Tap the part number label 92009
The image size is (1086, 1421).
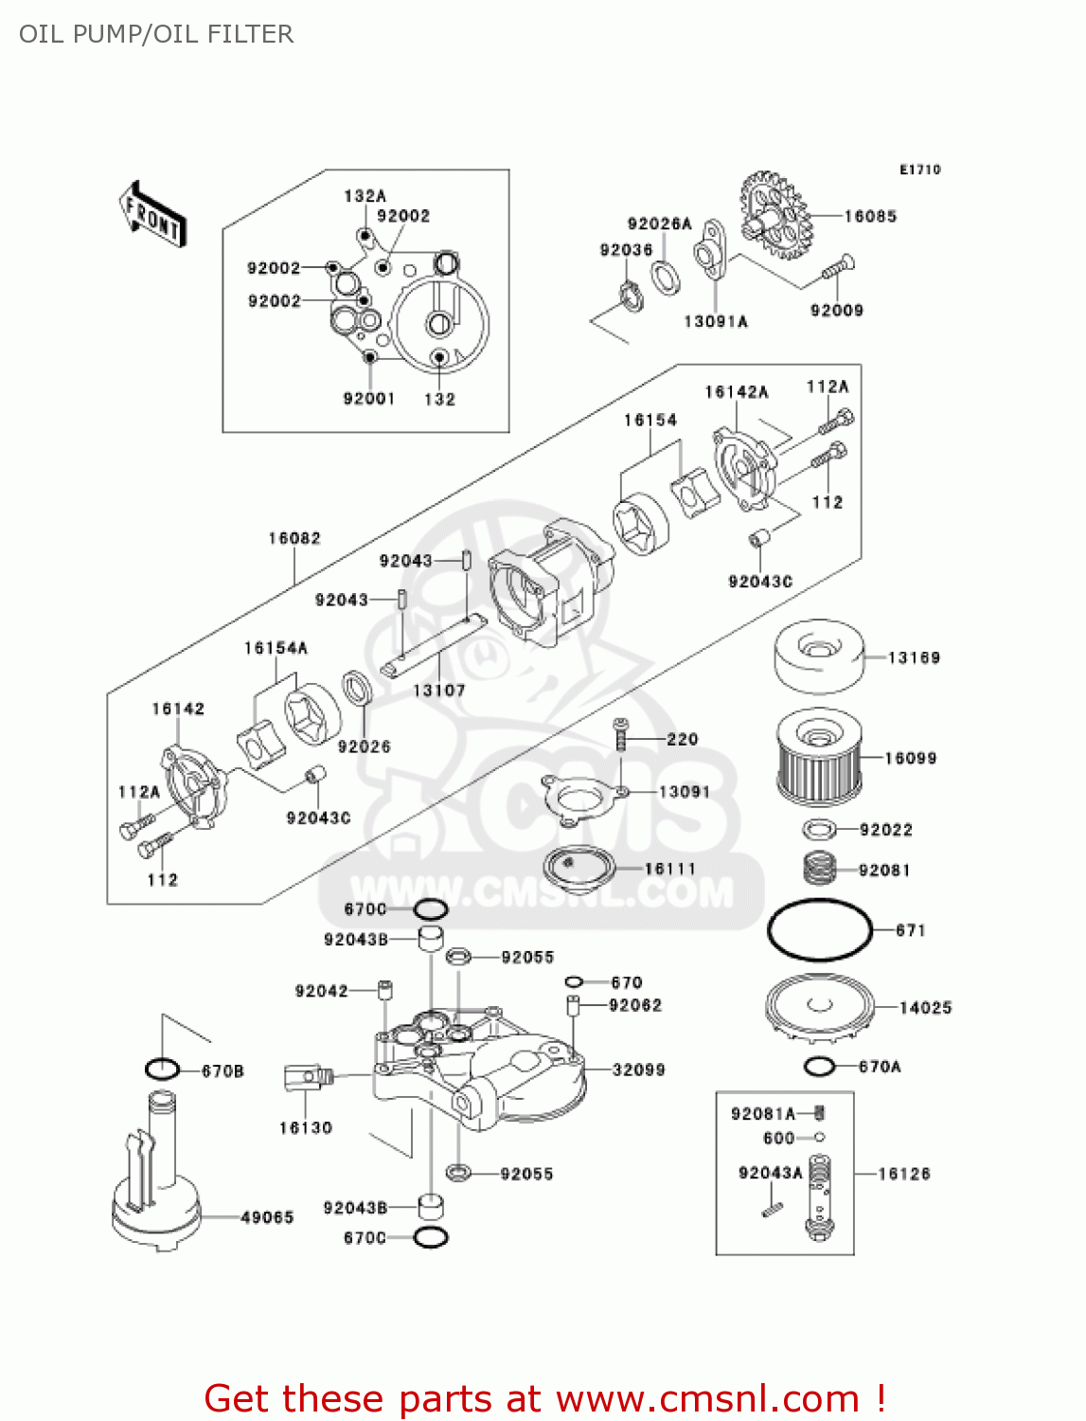[836, 310]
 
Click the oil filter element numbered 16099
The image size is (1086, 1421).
[819, 757]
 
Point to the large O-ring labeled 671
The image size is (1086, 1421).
[819, 929]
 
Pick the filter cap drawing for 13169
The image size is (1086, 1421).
[818, 656]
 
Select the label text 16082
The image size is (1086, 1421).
[294, 538]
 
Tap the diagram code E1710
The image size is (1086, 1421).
[919, 170]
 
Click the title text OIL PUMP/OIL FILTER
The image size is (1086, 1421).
[156, 34]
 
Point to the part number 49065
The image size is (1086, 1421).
[267, 1217]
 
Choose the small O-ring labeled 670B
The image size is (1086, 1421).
[162, 1070]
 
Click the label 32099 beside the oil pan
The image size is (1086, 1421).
[638, 1070]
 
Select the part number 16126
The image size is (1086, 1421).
[903, 1174]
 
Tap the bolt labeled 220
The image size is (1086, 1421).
[620, 734]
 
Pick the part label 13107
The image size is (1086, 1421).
[438, 691]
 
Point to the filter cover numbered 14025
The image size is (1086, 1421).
[819, 1006]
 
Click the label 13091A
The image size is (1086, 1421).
[716, 322]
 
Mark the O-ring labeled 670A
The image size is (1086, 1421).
[819, 1067]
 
